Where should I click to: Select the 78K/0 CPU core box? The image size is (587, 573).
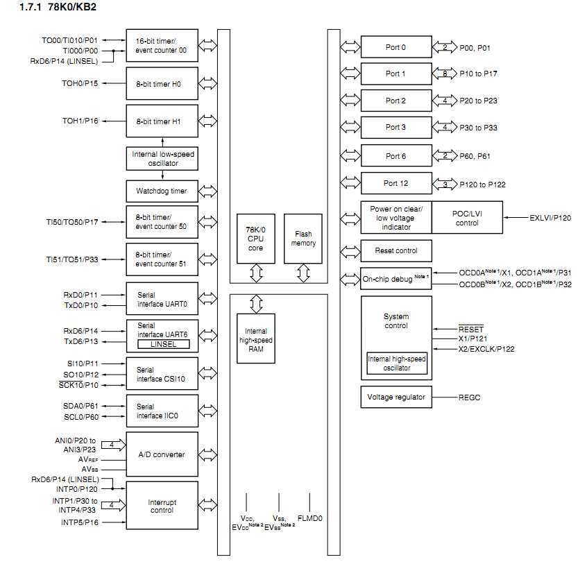(256, 238)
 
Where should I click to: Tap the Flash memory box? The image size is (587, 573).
(303, 238)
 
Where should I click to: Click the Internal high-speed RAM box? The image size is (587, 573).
(256, 335)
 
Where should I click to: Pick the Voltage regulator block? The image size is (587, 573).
(395, 397)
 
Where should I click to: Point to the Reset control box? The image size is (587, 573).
(395, 250)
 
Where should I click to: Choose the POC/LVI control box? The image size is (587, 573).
(466, 218)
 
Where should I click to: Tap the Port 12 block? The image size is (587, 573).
(395, 183)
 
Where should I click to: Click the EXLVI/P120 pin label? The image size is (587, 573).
(550, 218)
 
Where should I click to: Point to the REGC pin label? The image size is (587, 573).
(470, 397)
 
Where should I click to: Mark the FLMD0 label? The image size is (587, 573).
(309, 518)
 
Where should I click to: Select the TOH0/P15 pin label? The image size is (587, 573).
(80, 83)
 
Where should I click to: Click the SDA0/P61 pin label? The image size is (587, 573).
(80, 405)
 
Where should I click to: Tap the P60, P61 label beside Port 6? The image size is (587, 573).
(475, 156)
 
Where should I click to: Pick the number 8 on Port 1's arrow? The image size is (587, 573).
(444, 73)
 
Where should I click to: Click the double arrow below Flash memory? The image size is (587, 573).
(303, 273)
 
